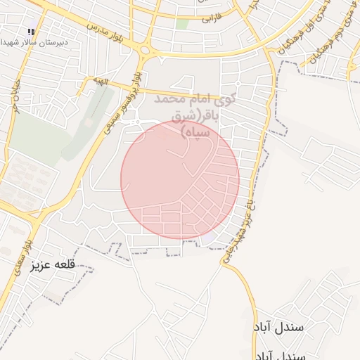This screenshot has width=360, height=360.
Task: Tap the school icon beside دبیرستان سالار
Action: (x=31, y=32)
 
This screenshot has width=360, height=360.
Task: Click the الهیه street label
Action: (x=103, y=82)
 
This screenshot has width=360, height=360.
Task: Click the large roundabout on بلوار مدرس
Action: (x=146, y=49)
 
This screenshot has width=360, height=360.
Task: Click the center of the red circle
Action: (x=180, y=179)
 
